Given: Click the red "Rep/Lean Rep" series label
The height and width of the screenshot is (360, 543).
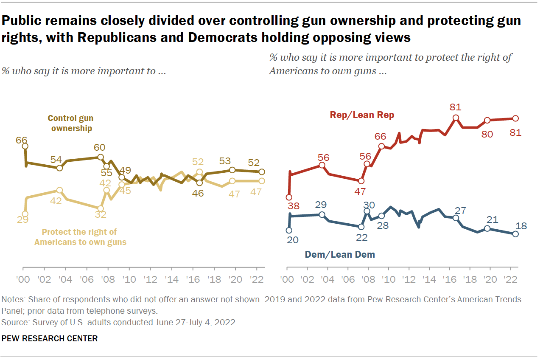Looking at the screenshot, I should [362, 114].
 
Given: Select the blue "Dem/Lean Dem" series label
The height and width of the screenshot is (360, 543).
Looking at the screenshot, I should [340, 255].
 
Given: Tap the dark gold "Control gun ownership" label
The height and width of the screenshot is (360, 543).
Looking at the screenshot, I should [71, 123].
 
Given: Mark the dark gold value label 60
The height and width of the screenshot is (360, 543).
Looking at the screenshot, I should [99, 147].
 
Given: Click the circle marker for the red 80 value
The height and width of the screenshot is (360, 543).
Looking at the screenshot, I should [487, 120].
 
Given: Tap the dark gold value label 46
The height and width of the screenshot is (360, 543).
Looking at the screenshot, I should [198, 193].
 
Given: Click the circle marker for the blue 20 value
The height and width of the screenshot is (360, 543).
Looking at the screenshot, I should [289, 230].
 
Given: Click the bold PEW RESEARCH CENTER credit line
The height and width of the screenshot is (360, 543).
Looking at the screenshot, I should [50, 338].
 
